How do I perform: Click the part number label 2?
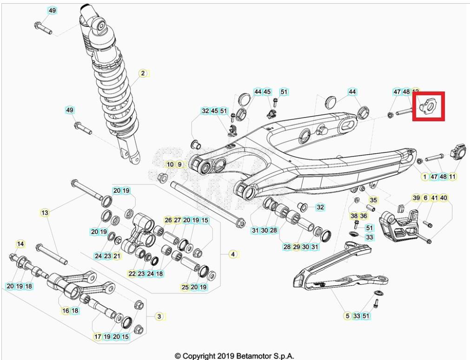(143, 73)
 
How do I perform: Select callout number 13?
(45, 213)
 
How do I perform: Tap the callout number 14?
(20, 244)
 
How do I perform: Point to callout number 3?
(159, 316)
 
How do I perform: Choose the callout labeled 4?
(233, 254)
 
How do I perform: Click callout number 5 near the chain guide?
(347, 316)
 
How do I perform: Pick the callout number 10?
(170, 164)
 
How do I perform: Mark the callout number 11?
(452, 177)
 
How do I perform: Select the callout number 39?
(416, 198)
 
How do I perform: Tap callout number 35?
(373, 200)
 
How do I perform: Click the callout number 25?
(185, 288)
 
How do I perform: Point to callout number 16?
(66, 311)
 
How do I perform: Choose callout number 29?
(296, 247)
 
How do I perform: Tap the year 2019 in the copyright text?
(223, 356)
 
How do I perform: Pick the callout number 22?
(132, 274)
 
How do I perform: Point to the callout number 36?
(364, 216)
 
